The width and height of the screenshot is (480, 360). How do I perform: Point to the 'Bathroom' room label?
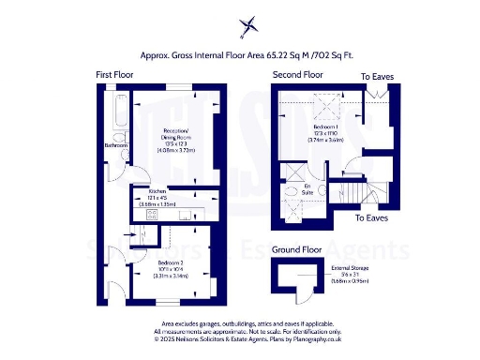[116, 145]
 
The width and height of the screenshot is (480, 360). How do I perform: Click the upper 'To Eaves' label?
[379, 75]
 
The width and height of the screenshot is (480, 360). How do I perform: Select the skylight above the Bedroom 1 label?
[325, 106]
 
